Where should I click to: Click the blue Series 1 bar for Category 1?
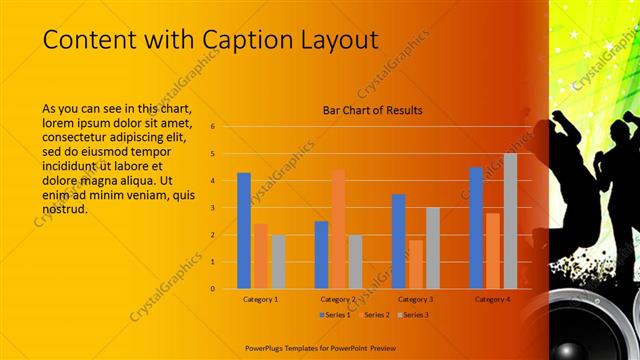point(244,230)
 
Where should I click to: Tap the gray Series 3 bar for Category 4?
point(510,221)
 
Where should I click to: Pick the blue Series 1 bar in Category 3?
point(398,241)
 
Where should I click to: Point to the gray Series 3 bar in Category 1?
point(278,261)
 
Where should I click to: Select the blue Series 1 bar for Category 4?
point(476,228)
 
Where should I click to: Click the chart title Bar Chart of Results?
point(372,110)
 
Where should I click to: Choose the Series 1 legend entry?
point(334,314)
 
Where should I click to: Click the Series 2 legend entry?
point(373,314)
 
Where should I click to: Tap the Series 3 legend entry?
point(412,314)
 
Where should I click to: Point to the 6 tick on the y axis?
point(212,127)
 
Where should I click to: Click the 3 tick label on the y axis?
point(212,208)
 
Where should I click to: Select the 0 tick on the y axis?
point(212,289)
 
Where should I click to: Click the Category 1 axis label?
point(261,299)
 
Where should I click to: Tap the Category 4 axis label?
point(492,299)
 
